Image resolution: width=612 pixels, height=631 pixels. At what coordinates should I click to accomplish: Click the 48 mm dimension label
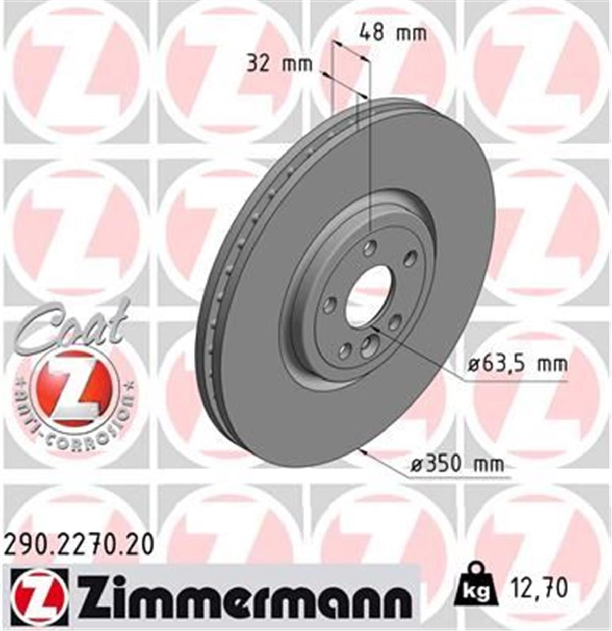coord(392,33)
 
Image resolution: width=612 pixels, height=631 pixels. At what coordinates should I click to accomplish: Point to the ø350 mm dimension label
coord(457,464)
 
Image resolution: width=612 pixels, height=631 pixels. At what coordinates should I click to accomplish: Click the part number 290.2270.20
coord(79,545)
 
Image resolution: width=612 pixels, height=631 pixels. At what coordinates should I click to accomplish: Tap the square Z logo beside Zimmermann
coord(38,597)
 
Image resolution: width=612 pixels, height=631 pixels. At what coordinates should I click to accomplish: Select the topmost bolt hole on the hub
coord(369,248)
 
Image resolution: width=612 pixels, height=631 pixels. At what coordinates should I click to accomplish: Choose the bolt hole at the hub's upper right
coord(410,259)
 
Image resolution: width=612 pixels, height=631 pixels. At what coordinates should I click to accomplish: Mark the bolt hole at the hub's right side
coord(395,322)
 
